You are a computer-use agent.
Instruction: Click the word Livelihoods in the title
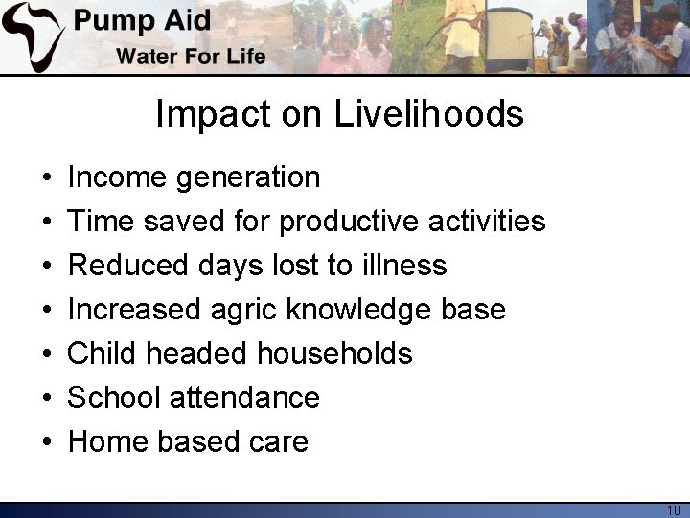(429, 114)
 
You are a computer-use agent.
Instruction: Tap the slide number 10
(673, 509)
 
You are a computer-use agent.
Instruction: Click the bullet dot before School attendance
(47, 399)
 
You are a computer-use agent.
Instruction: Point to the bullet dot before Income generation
(47, 178)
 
